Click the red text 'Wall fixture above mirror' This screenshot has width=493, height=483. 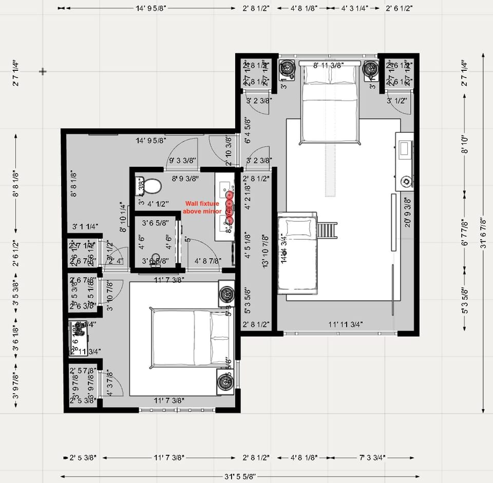pos(202,207)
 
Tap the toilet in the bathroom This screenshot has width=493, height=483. pos(150,186)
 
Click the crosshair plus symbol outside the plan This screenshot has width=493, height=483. pos(43,71)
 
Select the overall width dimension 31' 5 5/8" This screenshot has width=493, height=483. pos(237,476)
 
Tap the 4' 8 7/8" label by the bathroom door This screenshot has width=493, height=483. pos(208,261)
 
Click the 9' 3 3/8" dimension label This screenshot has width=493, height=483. pos(182,160)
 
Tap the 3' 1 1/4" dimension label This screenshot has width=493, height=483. pos(85,226)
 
